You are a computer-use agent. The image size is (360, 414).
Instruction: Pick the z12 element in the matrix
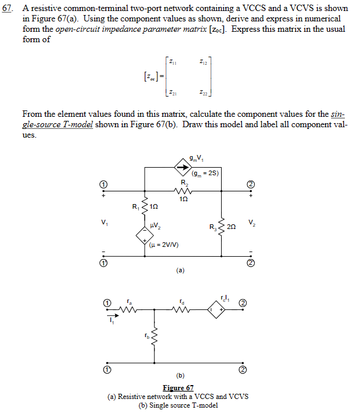coord(203,62)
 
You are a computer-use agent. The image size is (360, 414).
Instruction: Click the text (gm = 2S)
coord(205,172)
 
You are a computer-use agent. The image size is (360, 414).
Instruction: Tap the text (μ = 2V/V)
coord(164,245)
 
